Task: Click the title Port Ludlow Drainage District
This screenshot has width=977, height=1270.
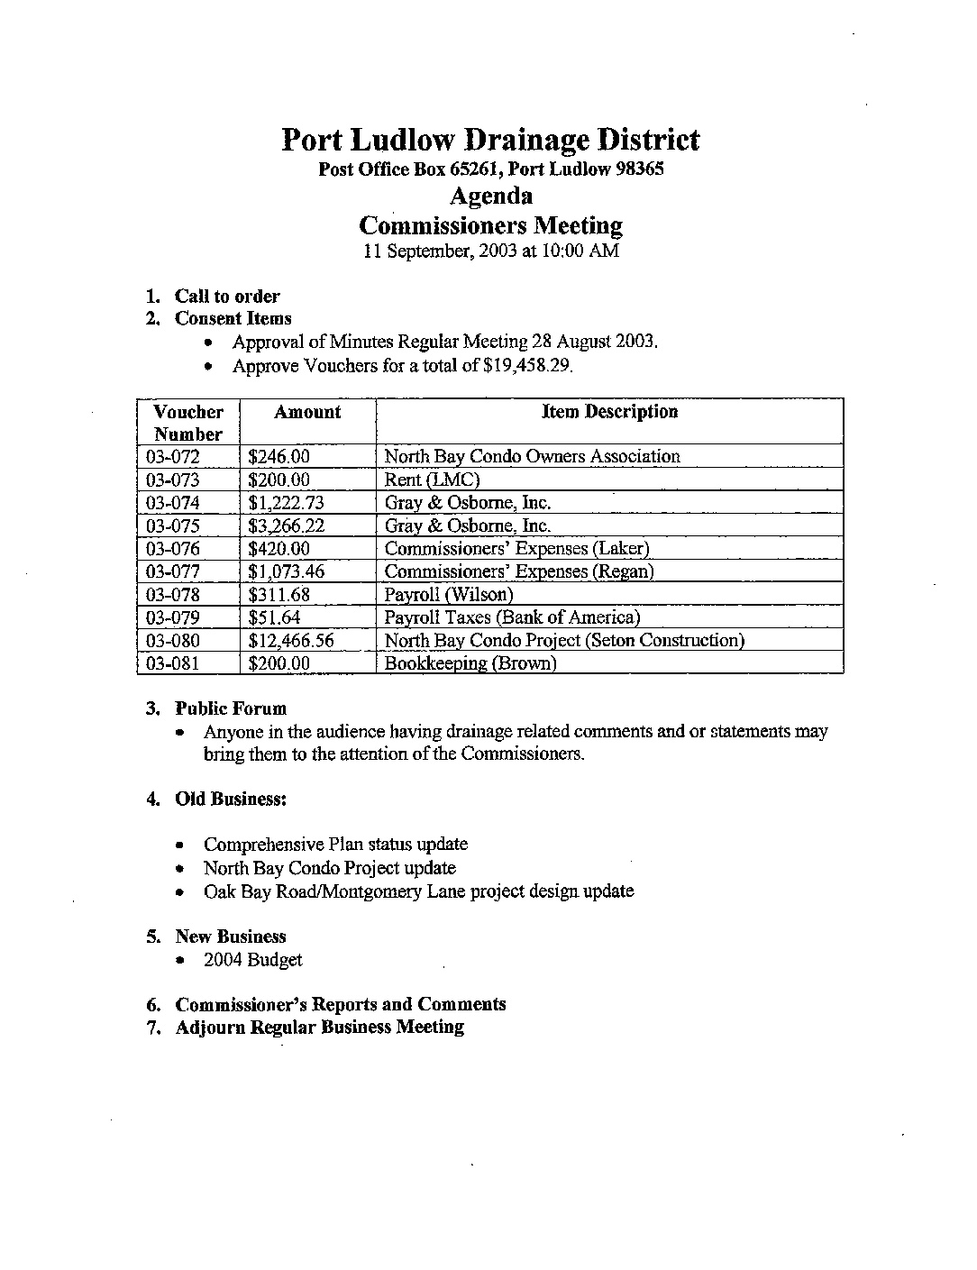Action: (490, 140)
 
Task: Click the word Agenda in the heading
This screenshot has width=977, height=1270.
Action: (490, 196)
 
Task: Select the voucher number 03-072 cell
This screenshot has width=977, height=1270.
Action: (173, 457)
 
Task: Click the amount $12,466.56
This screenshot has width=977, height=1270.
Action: (291, 641)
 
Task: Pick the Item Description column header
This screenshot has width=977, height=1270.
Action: (609, 412)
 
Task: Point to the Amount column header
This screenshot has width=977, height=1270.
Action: (307, 413)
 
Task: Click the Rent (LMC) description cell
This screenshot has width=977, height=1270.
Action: (432, 480)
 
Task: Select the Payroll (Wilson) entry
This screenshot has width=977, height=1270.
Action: (449, 595)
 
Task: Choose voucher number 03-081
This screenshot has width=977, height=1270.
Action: (173, 663)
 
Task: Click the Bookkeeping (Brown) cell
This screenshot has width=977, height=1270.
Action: (470, 663)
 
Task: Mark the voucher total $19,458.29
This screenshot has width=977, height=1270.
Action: (527, 366)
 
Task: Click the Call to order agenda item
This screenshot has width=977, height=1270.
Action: (227, 297)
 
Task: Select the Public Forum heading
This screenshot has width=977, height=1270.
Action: (231, 708)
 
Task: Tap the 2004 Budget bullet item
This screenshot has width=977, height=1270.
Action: (253, 960)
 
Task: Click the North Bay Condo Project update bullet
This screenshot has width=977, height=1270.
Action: (330, 868)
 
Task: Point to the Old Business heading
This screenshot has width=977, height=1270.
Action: (231, 799)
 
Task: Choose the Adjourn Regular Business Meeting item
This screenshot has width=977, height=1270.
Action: (320, 1027)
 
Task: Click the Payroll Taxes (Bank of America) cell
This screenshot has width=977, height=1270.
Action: (512, 617)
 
